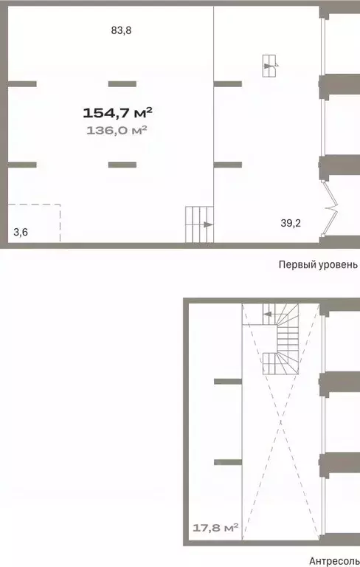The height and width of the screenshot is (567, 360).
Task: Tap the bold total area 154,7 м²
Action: coord(117,113)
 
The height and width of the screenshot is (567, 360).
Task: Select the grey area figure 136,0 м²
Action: coord(117,130)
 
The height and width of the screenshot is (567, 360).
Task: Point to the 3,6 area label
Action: coord(21,233)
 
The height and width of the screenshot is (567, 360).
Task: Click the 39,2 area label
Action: coord(290,223)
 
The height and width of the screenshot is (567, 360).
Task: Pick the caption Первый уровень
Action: coord(318,264)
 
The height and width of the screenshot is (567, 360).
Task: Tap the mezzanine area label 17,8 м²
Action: coord(215,528)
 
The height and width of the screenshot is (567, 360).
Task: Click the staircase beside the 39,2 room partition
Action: coord(198,224)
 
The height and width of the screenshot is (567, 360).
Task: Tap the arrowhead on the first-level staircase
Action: coord(208,224)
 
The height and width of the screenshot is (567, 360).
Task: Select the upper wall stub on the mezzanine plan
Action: coord(227,381)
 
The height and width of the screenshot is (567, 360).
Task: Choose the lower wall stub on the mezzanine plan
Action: coord(227,462)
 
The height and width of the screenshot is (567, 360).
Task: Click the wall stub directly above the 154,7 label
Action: coord(122,83)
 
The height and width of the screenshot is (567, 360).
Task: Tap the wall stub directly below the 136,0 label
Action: coord(122,164)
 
